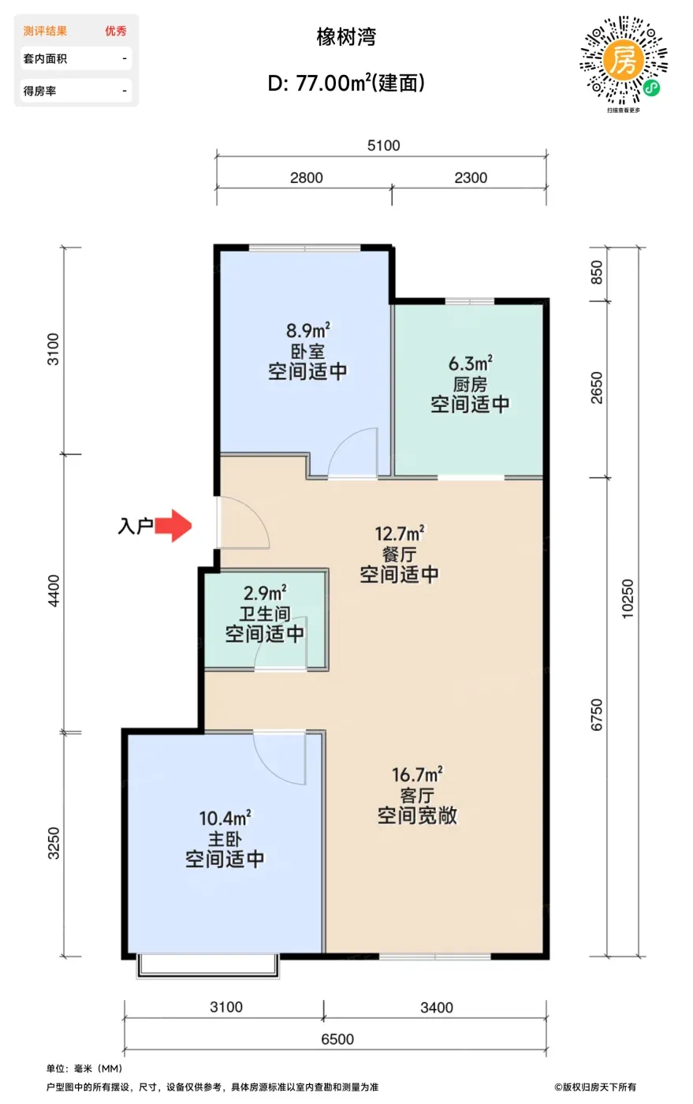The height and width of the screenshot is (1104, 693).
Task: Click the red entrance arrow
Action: point(173,526)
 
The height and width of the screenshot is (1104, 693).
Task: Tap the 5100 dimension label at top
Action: point(383,145)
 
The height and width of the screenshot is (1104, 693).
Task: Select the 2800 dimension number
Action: point(306,177)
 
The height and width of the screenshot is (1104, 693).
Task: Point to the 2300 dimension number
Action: point(471,177)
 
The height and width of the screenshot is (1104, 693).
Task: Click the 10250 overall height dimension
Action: point(627,599)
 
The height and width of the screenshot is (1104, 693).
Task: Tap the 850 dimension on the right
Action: point(596,272)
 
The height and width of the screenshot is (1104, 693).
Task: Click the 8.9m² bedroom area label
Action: point(308,330)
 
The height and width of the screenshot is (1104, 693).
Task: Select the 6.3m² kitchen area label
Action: point(470,364)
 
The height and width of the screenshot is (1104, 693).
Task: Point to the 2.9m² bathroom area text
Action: point(265,592)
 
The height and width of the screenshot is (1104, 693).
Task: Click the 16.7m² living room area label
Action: point(417,774)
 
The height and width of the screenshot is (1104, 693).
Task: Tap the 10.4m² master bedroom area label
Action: point(225,818)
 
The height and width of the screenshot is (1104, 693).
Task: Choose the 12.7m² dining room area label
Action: point(400,533)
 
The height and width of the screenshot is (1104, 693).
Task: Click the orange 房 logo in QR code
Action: point(623,60)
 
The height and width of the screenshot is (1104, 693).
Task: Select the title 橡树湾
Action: point(347,38)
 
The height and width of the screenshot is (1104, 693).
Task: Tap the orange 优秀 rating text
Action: point(116,31)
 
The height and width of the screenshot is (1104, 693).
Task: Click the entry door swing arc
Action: point(255,512)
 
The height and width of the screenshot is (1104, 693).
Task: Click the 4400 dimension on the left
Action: point(54,591)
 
